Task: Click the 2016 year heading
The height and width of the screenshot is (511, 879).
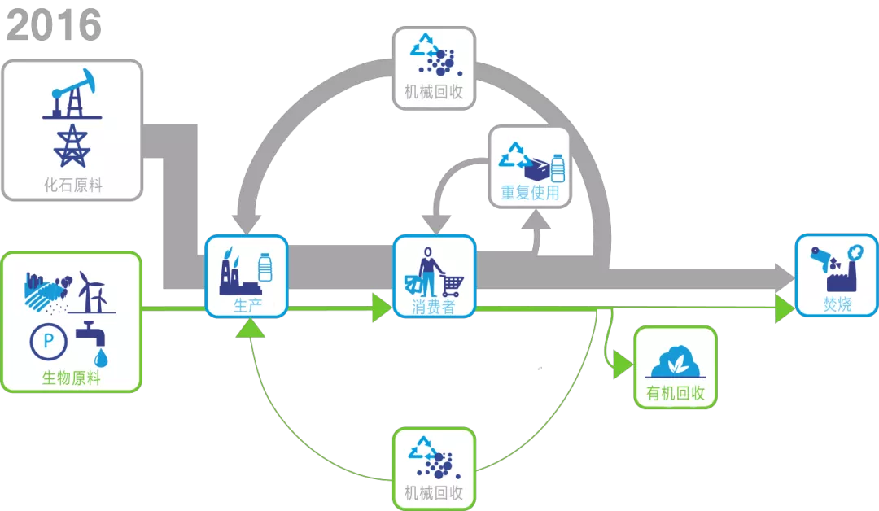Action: tap(54, 26)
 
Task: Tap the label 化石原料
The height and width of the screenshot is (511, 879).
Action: tap(73, 185)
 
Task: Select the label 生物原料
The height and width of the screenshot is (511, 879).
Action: tap(72, 378)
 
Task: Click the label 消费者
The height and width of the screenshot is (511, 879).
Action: tap(434, 307)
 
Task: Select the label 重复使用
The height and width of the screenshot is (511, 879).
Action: tap(530, 194)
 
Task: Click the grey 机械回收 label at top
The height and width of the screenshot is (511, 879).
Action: tap(434, 92)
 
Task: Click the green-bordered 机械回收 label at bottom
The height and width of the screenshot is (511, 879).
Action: tap(434, 492)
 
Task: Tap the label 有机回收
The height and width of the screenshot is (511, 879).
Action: tap(676, 395)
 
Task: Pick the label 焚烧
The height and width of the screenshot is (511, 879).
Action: tap(837, 305)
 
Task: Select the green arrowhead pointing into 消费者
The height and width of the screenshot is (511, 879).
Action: tap(383, 308)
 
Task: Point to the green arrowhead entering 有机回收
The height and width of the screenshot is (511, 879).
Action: tap(623, 365)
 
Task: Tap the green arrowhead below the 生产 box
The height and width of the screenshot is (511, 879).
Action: tap(251, 327)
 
